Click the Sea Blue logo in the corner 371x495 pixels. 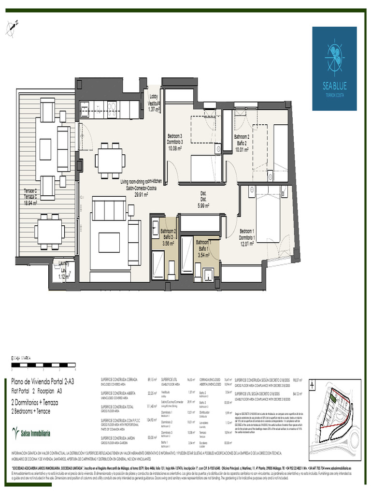[x=334, y=68]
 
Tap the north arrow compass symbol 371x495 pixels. [x=12, y=29]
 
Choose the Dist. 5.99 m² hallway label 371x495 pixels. [x=203, y=200]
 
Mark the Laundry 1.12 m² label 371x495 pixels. [x=62, y=270]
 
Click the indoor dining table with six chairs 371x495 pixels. [x=110, y=160]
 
